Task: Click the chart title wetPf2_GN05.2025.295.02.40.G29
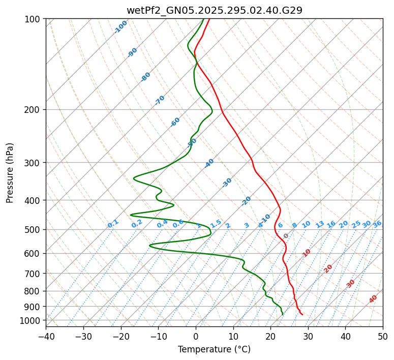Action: click(214, 10)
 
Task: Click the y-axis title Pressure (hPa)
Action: click(10, 172)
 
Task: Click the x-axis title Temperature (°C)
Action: click(214, 349)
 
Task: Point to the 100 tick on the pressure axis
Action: click(34, 19)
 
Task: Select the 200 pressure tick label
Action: click(34, 110)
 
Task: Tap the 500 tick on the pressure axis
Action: click(34, 230)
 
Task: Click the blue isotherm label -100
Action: click(121, 27)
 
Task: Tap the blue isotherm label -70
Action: click(160, 100)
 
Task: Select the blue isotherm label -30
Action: click(227, 183)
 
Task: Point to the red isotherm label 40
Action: click(373, 299)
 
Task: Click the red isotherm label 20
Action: click(328, 268)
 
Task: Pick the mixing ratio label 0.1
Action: click(113, 224)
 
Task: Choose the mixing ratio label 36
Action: click(377, 224)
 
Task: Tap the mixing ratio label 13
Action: click(320, 224)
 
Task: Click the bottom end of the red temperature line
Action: click(303, 315)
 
